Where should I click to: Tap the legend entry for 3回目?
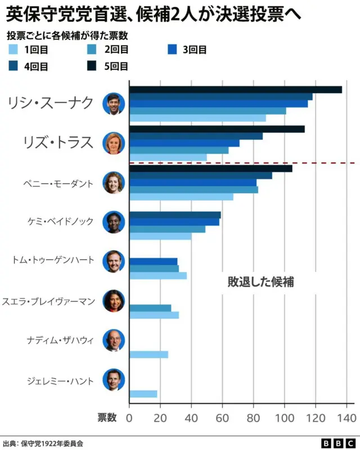186,49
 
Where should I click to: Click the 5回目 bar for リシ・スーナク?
235,89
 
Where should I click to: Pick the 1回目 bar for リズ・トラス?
168,157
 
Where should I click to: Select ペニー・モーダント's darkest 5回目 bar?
210,168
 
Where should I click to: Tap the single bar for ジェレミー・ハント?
143,394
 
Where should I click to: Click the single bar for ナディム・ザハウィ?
148,354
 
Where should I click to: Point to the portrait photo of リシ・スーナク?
113,103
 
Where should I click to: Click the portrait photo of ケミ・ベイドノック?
113,222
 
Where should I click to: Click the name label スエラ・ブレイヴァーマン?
49,301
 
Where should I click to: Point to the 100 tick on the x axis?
285,417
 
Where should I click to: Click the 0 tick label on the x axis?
129,417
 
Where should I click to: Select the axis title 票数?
107,417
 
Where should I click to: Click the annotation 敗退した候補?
260,282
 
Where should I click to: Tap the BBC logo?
337,443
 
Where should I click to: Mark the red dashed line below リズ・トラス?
242,163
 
